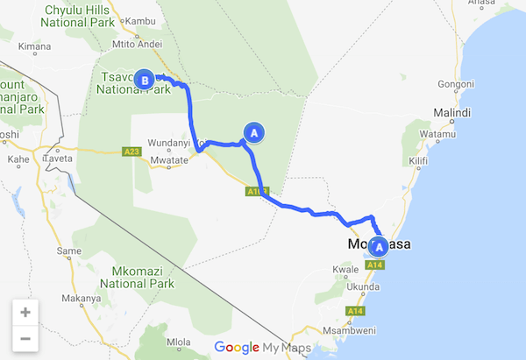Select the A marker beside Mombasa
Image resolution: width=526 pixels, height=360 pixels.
(380, 246)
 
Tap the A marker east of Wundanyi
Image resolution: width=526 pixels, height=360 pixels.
(253, 132)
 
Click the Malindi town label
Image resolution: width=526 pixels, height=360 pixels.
(452, 114)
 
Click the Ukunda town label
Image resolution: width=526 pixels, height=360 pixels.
(361, 286)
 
